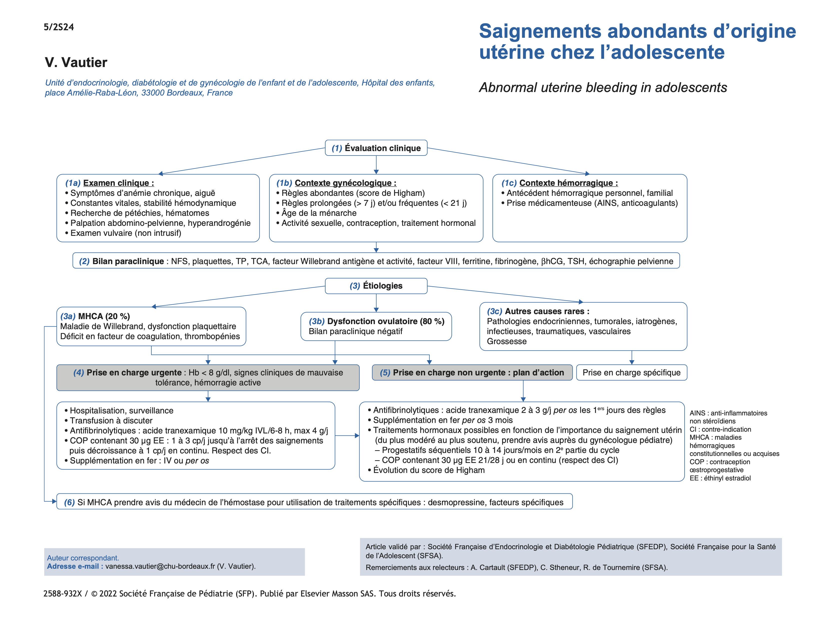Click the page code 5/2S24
tap(59, 27)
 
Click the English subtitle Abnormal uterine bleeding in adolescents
tap(603, 88)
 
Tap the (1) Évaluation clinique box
tap(376, 148)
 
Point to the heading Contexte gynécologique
tap(345, 183)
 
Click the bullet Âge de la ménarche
tap(319, 213)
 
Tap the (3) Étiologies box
tap(376, 286)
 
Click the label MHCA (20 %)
tap(104, 317)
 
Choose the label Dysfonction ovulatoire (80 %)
tap(385, 321)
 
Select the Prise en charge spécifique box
tap(631, 373)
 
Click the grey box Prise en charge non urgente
tap(472, 373)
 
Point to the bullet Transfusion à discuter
tap(111, 420)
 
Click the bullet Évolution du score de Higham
tap(429, 470)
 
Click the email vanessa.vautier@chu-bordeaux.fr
tap(160, 566)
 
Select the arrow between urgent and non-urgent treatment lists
tap(347, 435)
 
